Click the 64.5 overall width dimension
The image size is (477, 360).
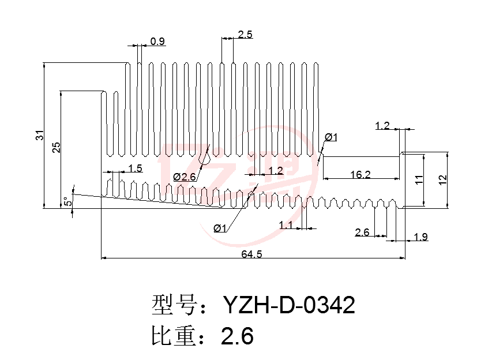251,254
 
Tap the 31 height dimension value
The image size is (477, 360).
40,135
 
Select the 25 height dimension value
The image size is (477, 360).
57,148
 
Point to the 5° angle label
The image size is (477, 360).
68,201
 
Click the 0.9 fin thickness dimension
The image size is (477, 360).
157,41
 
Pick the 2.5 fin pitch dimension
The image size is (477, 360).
245,35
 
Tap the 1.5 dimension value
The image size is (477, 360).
135,168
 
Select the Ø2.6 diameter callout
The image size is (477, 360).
185,177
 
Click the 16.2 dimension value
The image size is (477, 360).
360,174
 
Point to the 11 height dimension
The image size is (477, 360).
419,179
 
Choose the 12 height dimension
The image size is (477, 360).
442,179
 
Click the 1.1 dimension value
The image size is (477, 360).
286,225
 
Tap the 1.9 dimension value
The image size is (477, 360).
420,237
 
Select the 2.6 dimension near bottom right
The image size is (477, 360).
362,232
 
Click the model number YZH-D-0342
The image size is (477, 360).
289,305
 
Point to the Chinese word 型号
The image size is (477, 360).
174,305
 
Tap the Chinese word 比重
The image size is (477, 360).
174,335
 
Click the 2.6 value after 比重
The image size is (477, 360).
237,336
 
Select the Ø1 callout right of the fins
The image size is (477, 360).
331,137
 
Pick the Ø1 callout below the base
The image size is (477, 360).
220,228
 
